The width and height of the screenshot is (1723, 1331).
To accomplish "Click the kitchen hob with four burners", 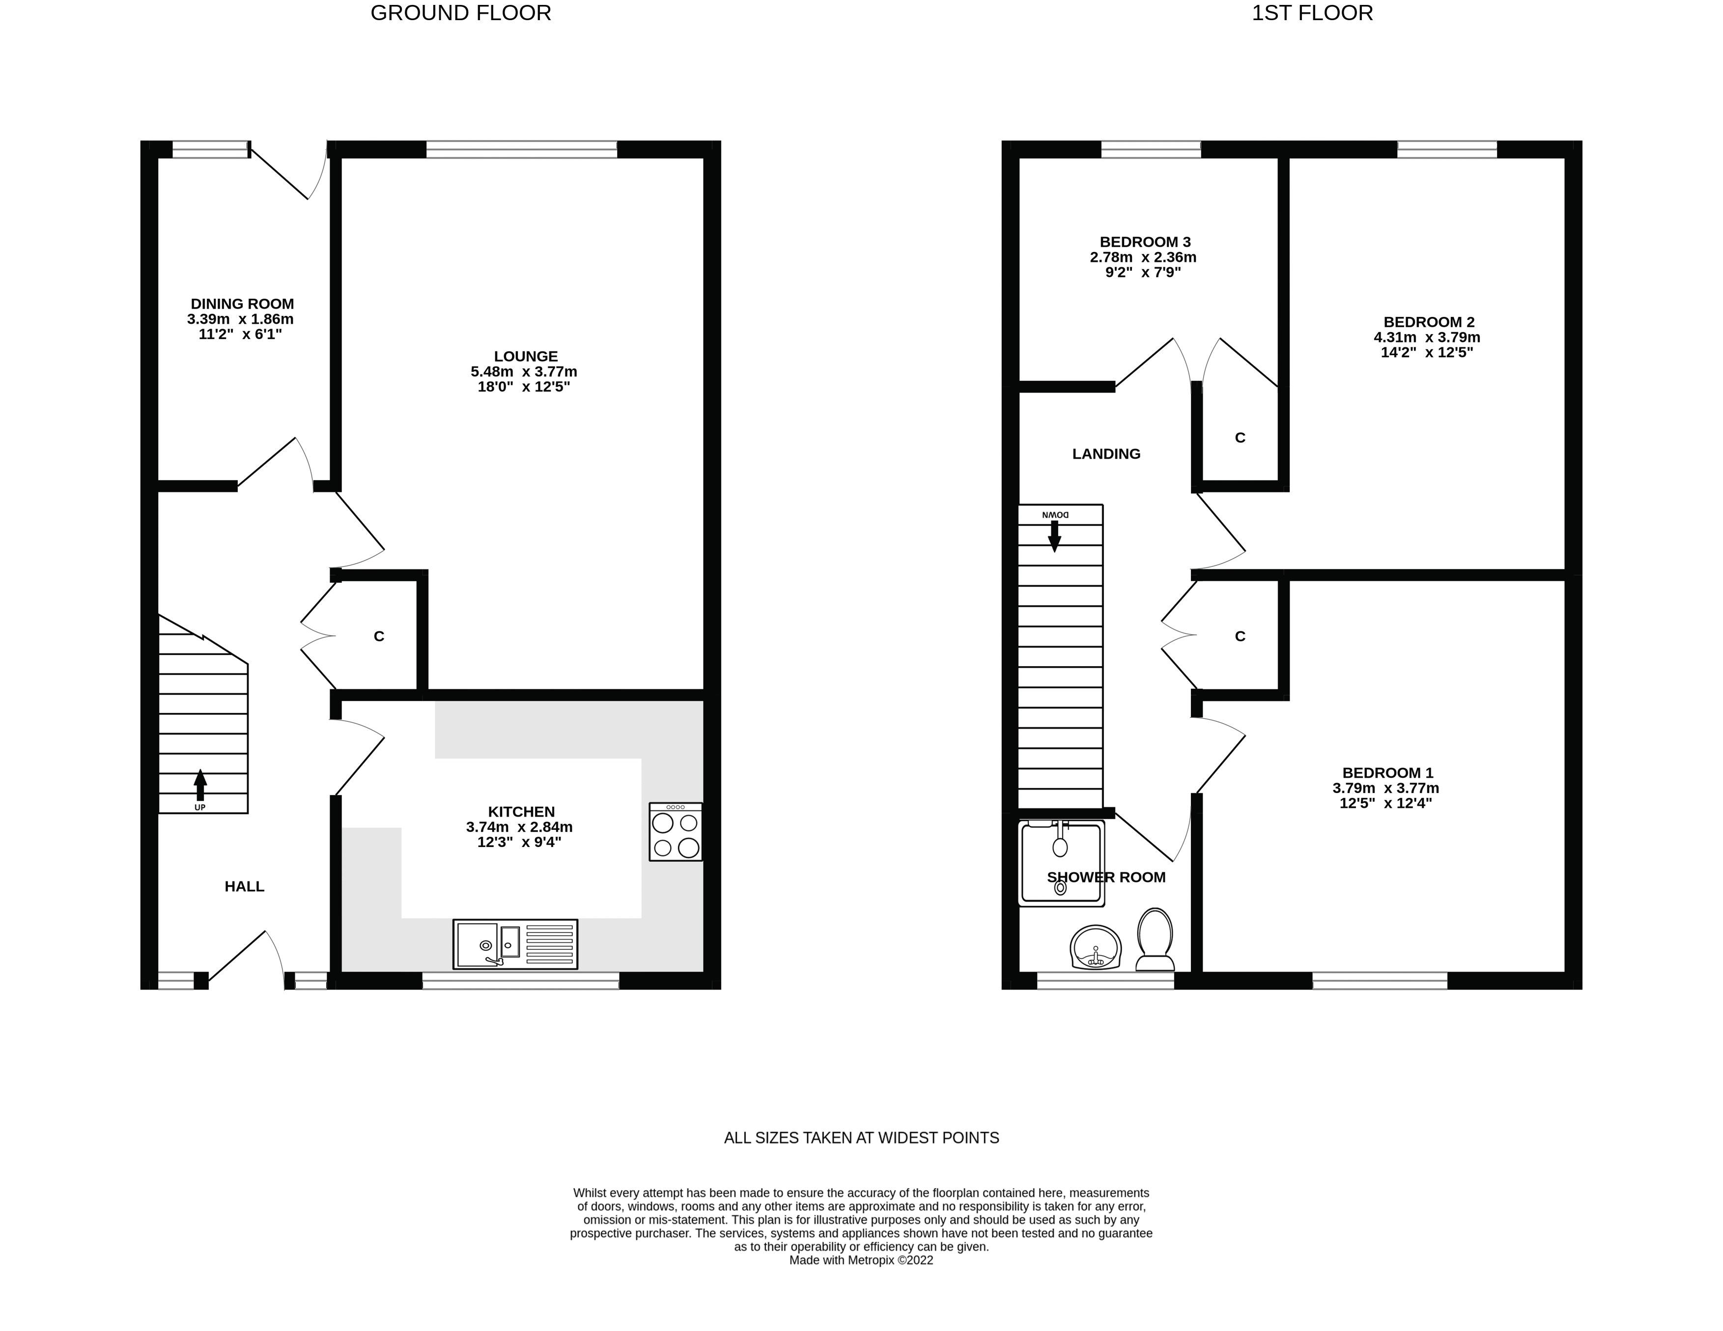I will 676,832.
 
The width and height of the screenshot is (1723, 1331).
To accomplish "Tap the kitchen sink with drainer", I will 515,944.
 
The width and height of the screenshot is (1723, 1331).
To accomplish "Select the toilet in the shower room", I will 1155,939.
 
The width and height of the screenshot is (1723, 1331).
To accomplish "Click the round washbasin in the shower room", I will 1096,947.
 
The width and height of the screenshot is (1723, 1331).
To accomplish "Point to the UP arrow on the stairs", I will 200,786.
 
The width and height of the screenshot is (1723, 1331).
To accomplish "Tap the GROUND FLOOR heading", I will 461,13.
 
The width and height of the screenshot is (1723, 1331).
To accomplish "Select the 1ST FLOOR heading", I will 1312,13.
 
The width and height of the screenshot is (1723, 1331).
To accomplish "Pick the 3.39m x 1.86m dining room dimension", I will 241,319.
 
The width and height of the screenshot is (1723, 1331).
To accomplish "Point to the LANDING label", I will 1106,453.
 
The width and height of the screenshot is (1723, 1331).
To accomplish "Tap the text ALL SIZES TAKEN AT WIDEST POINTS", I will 862,1138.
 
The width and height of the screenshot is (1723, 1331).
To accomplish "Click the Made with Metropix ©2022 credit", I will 862,1260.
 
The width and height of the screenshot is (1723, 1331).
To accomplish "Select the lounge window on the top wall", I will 521,149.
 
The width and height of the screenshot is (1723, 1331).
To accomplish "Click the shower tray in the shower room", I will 1061,862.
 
